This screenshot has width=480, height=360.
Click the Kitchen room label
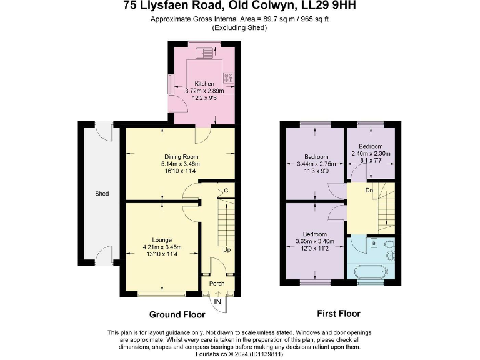pyautogui.click(x=204, y=84)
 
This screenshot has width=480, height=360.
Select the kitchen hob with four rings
pyautogui.click(x=229, y=79)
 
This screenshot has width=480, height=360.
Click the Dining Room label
pyautogui.click(x=181, y=156)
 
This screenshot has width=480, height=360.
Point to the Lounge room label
pyautogui.click(x=162, y=239)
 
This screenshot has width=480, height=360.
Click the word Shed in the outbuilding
pyautogui.click(x=102, y=194)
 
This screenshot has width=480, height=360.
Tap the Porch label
pyautogui.click(x=217, y=284)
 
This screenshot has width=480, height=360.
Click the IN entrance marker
pyautogui.click(x=217, y=302)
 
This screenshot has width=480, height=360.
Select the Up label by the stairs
pyautogui.click(x=227, y=250)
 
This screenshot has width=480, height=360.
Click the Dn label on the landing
pyautogui.click(x=370, y=190)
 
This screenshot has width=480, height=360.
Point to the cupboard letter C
pyautogui.click(x=226, y=191)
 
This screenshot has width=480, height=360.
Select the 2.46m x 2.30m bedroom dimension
pyautogui.click(x=371, y=153)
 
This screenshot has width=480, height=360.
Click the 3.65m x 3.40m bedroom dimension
pyautogui.click(x=315, y=241)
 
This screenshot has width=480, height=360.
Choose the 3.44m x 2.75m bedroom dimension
pyautogui.click(x=316, y=163)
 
